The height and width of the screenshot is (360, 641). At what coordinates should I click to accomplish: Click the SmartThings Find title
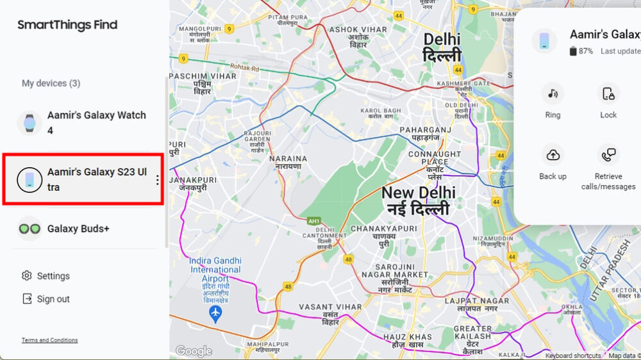(x=67, y=25)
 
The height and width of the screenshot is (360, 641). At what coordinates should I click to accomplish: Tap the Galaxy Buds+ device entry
(x=78, y=229)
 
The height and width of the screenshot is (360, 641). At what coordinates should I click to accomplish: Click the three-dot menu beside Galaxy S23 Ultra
(x=158, y=181)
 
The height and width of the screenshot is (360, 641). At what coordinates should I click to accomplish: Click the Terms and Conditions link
(x=49, y=340)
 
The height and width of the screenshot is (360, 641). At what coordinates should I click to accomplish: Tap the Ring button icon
(x=553, y=94)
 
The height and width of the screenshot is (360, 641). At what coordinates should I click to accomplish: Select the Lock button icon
(x=608, y=94)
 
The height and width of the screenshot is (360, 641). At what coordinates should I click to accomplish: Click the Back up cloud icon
(x=553, y=155)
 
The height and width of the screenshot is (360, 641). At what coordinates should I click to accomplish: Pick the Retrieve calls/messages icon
(x=608, y=155)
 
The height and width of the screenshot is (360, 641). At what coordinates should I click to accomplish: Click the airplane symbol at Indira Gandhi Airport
(x=215, y=314)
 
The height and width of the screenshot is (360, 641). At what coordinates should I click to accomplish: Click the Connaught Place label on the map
(x=434, y=158)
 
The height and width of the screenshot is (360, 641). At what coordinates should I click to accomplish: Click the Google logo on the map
(x=194, y=351)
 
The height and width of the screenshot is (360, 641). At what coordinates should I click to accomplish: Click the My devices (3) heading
(x=51, y=83)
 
